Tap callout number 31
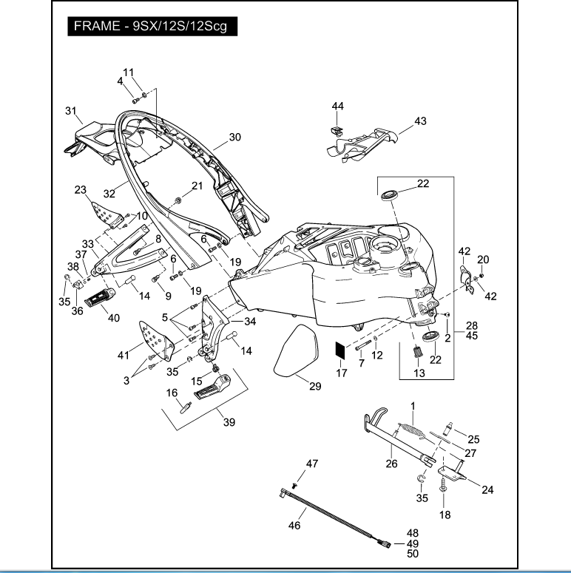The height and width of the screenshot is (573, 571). coord(71,111)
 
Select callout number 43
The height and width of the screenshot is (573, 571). coord(420,121)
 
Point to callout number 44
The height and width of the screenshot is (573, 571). coord(337,106)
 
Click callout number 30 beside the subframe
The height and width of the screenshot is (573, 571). coord(235,137)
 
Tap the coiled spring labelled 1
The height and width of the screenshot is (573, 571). coord(411,429)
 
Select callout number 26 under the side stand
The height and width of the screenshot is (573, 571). coord(391,464)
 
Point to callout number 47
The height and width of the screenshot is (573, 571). coord(312,463)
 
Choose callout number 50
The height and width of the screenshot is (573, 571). coord(413,553)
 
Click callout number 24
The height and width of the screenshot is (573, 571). coord(487,489)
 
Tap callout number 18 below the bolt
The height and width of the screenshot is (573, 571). coord(445,515)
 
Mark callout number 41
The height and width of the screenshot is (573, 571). coord(123,355)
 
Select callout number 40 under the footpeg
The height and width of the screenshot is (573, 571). coord(113,319)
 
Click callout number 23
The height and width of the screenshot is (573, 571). coord(81,189)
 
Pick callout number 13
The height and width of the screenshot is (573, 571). coord(419,373)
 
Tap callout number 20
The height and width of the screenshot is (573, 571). coord(483,260)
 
